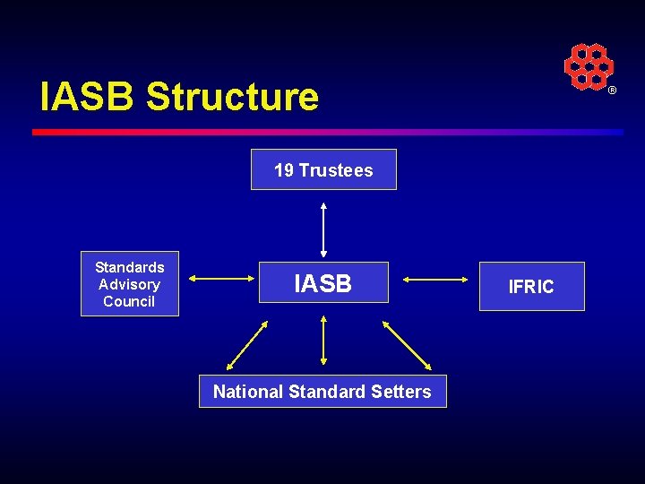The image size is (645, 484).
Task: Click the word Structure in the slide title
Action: [232, 97]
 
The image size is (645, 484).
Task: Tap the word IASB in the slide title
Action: [88, 97]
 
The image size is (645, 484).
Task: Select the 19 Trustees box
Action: [323, 169]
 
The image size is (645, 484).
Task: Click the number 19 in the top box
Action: [283, 170]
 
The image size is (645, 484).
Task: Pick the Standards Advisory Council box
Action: [130, 284]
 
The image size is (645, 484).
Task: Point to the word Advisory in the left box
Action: [130, 284]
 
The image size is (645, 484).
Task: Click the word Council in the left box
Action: [129, 301]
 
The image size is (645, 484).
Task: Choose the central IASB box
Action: [323, 282]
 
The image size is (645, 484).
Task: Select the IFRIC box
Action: [531, 287]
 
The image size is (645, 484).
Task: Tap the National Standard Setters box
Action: [322, 391]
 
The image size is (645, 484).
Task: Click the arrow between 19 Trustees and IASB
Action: [323, 229]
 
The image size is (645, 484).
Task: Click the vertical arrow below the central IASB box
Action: [323, 340]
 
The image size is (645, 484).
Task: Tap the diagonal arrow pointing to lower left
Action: [247, 345]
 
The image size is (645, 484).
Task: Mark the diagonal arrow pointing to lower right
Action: [408, 345]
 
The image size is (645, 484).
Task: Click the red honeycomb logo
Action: [588, 66]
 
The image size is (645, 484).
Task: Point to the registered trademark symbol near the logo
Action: [613, 91]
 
